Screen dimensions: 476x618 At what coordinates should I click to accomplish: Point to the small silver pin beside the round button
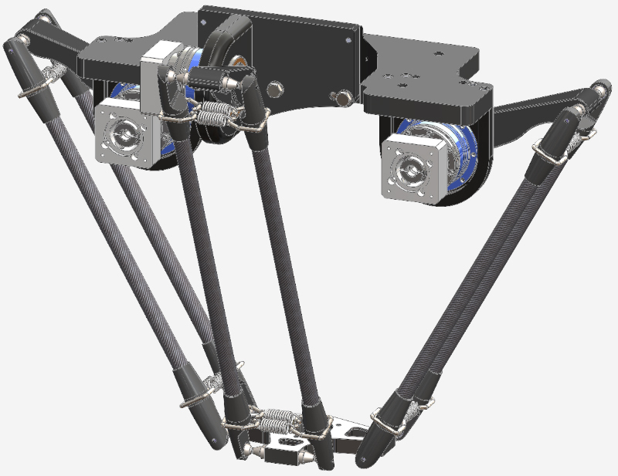coord(338,97)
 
